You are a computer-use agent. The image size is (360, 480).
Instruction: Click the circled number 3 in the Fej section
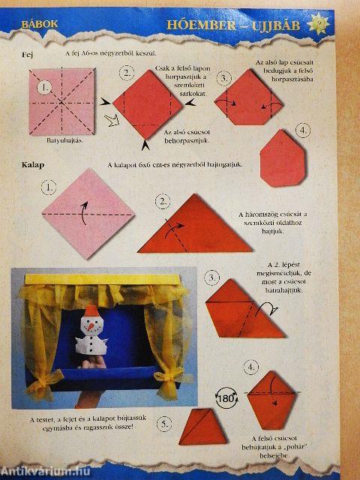(224, 78)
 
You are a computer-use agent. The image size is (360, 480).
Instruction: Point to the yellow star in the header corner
(342, 23)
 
